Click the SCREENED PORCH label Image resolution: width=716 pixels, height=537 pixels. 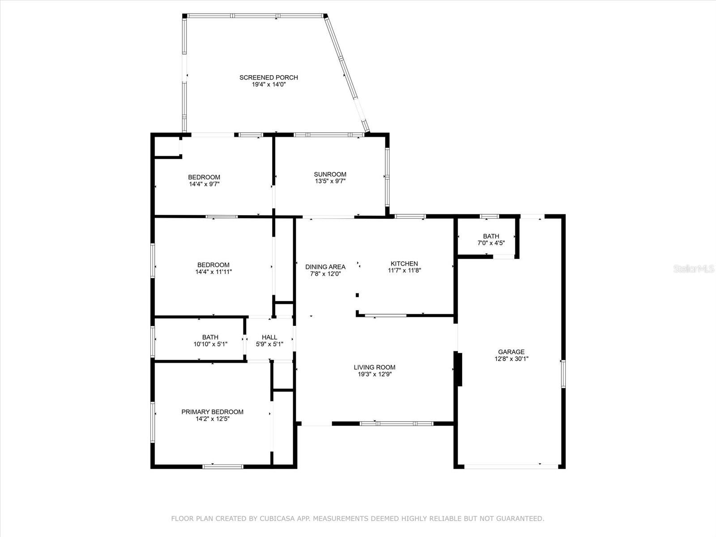click(x=268, y=77)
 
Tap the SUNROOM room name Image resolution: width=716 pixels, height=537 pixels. click(x=330, y=174)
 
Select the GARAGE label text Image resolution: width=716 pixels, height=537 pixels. click(x=511, y=352)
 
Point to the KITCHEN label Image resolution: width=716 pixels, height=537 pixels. click(x=404, y=264)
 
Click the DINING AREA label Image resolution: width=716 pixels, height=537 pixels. click(x=325, y=267)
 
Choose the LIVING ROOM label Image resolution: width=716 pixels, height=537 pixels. click(x=375, y=367)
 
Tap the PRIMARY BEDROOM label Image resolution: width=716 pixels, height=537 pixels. click(x=212, y=412)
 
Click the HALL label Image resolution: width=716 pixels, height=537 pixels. click(x=269, y=337)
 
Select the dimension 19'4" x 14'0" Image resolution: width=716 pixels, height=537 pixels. click(x=268, y=84)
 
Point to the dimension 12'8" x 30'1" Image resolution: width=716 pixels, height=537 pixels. click(x=511, y=358)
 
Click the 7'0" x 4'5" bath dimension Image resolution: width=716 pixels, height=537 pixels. click(x=491, y=243)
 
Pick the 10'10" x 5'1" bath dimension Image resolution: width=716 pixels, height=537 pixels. click(x=210, y=344)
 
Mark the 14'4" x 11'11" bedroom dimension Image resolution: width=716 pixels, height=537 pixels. click(x=213, y=272)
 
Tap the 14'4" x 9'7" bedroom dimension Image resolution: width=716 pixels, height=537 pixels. click(x=204, y=183)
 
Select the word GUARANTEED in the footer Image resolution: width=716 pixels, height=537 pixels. click(x=520, y=519)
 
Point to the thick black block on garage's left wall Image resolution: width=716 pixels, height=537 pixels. click(x=458, y=369)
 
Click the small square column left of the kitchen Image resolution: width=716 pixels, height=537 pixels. click(x=357, y=295)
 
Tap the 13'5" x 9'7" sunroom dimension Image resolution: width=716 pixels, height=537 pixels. click(x=330, y=181)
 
